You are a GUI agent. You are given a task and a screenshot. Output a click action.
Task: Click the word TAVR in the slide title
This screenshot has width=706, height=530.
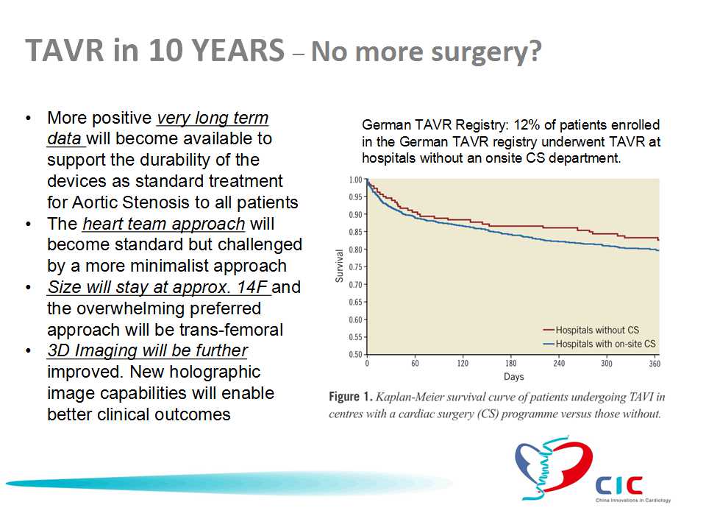tap(65, 50)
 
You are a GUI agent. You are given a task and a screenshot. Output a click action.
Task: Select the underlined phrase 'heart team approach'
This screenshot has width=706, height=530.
tap(164, 224)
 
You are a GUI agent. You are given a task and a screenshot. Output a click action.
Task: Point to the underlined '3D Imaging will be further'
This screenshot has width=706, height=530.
tap(148, 350)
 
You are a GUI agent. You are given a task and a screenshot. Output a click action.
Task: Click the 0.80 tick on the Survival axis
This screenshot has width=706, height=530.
tap(356, 250)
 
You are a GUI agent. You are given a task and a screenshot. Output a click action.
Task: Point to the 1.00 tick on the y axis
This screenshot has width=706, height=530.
tap(356, 180)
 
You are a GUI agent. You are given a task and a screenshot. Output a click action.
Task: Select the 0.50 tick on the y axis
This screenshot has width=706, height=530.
tap(356, 354)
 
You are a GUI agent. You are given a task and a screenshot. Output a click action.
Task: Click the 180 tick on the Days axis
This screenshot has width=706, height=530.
tap(510, 363)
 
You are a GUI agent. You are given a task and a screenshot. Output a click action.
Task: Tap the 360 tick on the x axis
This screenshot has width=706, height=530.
tap(655, 363)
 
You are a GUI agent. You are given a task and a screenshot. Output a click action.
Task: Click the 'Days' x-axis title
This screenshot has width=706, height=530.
tap(514, 377)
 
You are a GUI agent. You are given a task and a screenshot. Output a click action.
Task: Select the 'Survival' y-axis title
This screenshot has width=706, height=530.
tap(339, 266)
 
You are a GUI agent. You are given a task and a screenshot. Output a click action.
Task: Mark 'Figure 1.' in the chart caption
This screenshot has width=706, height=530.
tap(351, 397)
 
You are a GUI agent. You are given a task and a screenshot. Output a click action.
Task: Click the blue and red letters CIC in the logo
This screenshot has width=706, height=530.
tap(619, 486)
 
